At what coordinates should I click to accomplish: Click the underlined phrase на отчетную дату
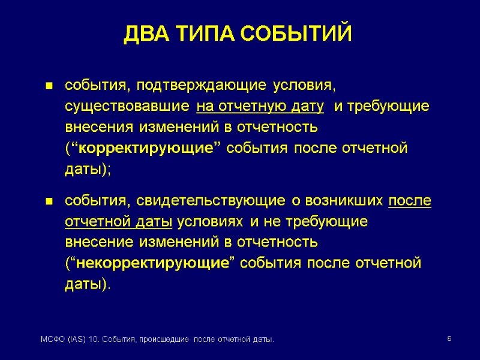coord(260,107)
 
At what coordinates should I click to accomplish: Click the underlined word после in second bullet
coord(410,200)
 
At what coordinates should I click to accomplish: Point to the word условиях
coord(210,221)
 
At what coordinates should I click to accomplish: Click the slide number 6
coord(449,340)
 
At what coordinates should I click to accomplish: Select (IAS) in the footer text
coord(76,341)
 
